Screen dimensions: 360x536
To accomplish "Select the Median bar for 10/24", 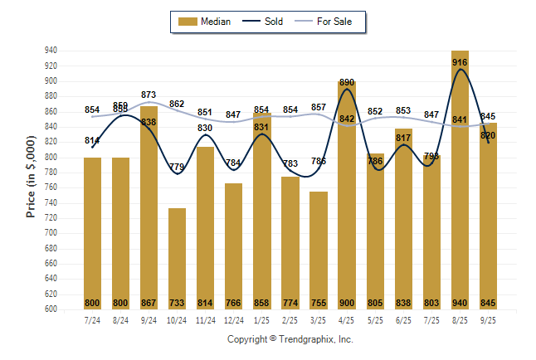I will [177, 257].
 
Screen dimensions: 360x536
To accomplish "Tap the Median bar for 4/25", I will [347, 199].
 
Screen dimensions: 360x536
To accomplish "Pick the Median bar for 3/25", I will [319, 249].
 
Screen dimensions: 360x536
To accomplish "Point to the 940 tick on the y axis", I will [51, 51].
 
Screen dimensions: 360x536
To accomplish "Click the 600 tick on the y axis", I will [51, 309].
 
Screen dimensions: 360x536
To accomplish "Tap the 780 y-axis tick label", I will [51, 173].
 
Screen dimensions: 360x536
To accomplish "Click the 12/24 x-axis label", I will [233, 320].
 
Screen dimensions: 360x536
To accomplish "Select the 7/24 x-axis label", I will [92, 320].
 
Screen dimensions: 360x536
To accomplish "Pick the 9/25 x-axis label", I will [488, 320].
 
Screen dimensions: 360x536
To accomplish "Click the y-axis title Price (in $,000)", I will [31, 180].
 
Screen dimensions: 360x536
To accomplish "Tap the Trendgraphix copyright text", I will [290, 339].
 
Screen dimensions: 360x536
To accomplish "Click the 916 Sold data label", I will [460, 62].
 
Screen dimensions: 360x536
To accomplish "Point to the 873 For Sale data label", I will [149, 95].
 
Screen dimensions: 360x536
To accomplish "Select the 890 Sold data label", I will [347, 83].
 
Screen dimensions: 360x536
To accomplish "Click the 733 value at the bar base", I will [177, 303].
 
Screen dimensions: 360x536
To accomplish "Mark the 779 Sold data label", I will [177, 167].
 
